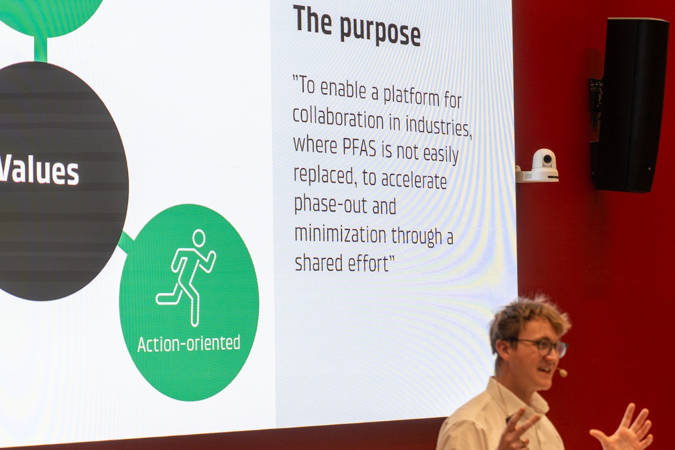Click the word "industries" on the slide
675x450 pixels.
(x=437, y=126)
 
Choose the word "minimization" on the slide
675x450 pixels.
(x=340, y=234)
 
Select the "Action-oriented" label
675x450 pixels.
(x=189, y=343)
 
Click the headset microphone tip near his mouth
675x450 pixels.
(x=562, y=373)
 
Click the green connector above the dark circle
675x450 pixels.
(x=40, y=49)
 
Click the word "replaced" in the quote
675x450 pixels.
(x=323, y=175)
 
